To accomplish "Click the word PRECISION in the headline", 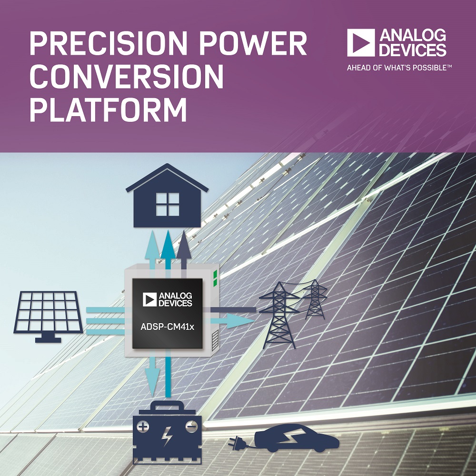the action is tap(109, 43).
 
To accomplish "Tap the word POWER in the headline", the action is tap(253, 43).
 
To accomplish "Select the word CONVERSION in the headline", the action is tap(127, 76).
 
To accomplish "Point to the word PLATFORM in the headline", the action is tap(108, 109).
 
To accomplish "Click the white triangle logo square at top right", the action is tap(361, 42).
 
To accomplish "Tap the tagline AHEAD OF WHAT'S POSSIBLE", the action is tap(399, 68).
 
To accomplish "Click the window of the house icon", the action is tap(167, 204).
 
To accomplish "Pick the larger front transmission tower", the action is tap(278, 316).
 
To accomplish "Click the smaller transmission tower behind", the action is tap(315, 299).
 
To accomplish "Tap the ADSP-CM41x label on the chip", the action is tap(167, 327).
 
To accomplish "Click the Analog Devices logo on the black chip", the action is tap(167, 299).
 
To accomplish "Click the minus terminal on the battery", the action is tap(191, 427).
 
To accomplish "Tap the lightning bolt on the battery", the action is tap(167, 436).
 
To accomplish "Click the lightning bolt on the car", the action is tap(290, 436).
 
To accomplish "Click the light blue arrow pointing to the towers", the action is tap(232, 320).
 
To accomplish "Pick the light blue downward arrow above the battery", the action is tap(152, 376).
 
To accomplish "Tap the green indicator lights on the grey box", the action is tap(215, 278).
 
